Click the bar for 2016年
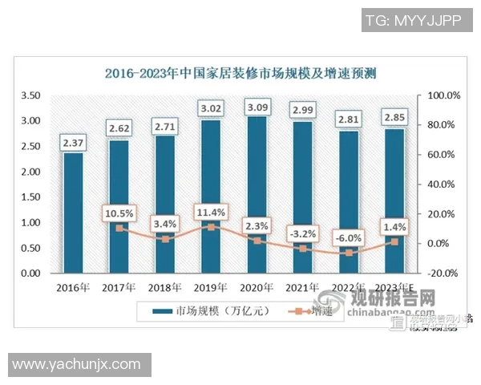[73, 213]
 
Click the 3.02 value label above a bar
[211, 107]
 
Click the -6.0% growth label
[349, 237]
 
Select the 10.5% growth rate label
[119, 213]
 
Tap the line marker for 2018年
[165, 239]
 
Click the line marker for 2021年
[303, 249]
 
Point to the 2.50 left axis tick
[30, 146]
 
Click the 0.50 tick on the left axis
[30, 248]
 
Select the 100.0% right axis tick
[443, 95]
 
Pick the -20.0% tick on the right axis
[443, 273]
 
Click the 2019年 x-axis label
[211, 287]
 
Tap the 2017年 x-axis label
[119, 287]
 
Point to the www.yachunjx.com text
[76, 364]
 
